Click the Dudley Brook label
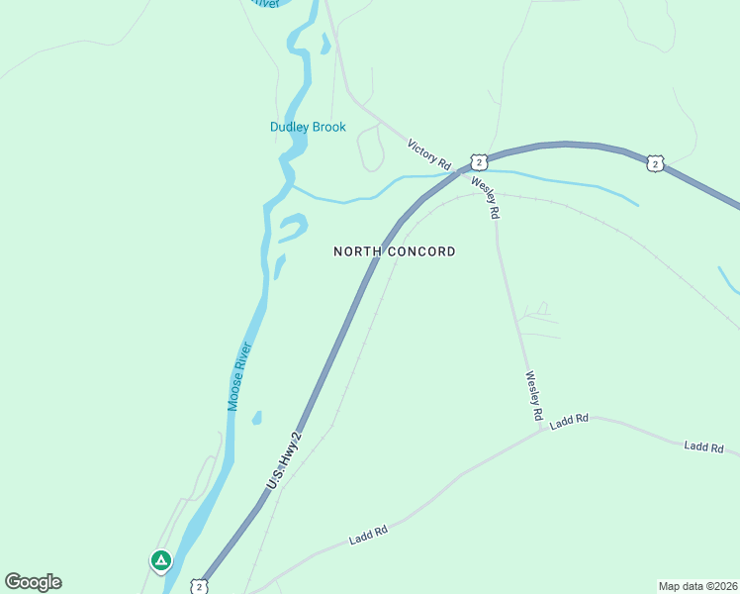(308, 127)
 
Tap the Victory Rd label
(429, 152)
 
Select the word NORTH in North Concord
(357, 251)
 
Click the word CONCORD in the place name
(420, 251)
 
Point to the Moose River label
(239, 376)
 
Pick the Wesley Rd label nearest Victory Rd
(485, 197)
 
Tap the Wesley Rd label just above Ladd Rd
(534, 394)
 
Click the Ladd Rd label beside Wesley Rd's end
(570, 420)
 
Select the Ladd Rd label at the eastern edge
(703, 447)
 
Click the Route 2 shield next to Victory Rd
(478, 161)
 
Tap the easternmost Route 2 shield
(654, 163)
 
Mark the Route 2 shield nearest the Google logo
(200, 586)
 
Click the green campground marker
(160, 560)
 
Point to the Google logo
(33, 582)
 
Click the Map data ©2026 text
(696, 586)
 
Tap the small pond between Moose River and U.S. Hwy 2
(257, 418)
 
